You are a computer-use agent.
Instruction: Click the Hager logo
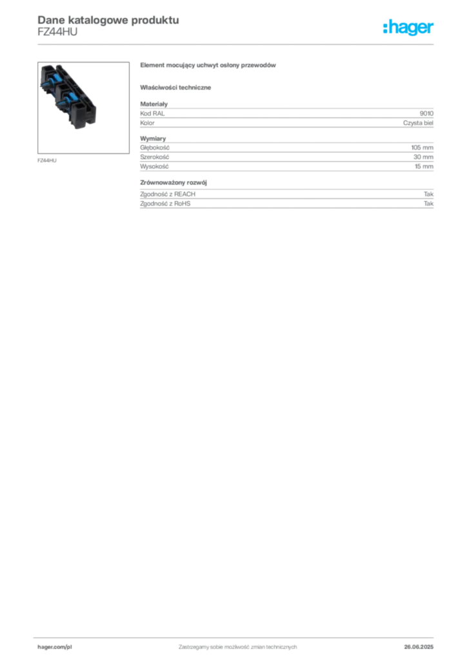(408, 27)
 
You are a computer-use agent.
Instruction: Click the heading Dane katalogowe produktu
(108, 20)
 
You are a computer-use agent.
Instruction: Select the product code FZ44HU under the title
(57, 32)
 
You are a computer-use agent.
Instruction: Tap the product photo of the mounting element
(83, 108)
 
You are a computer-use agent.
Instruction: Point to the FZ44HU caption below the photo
(46, 160)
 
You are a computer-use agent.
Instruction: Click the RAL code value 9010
(426, 113)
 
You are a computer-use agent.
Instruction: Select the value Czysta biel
(418, 123)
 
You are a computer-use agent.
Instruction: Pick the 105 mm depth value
(422, 148)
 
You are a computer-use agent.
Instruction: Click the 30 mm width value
(423, 157)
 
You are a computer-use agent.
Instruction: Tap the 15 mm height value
(424, 166)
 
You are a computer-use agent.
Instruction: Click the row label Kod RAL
(152, 113)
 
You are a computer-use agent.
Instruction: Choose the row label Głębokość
(155, 148)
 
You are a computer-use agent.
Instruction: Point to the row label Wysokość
(154, 166)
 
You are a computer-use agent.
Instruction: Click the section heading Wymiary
(153, 139)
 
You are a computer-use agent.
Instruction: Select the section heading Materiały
(154, 104)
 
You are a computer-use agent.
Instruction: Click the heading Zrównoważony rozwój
(174, 182)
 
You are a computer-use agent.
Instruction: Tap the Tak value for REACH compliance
(429, 194)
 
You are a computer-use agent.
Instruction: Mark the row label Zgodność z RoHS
(165, 203)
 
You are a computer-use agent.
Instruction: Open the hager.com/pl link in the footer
(55, 647)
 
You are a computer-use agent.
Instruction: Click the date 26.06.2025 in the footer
(419, 647)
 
